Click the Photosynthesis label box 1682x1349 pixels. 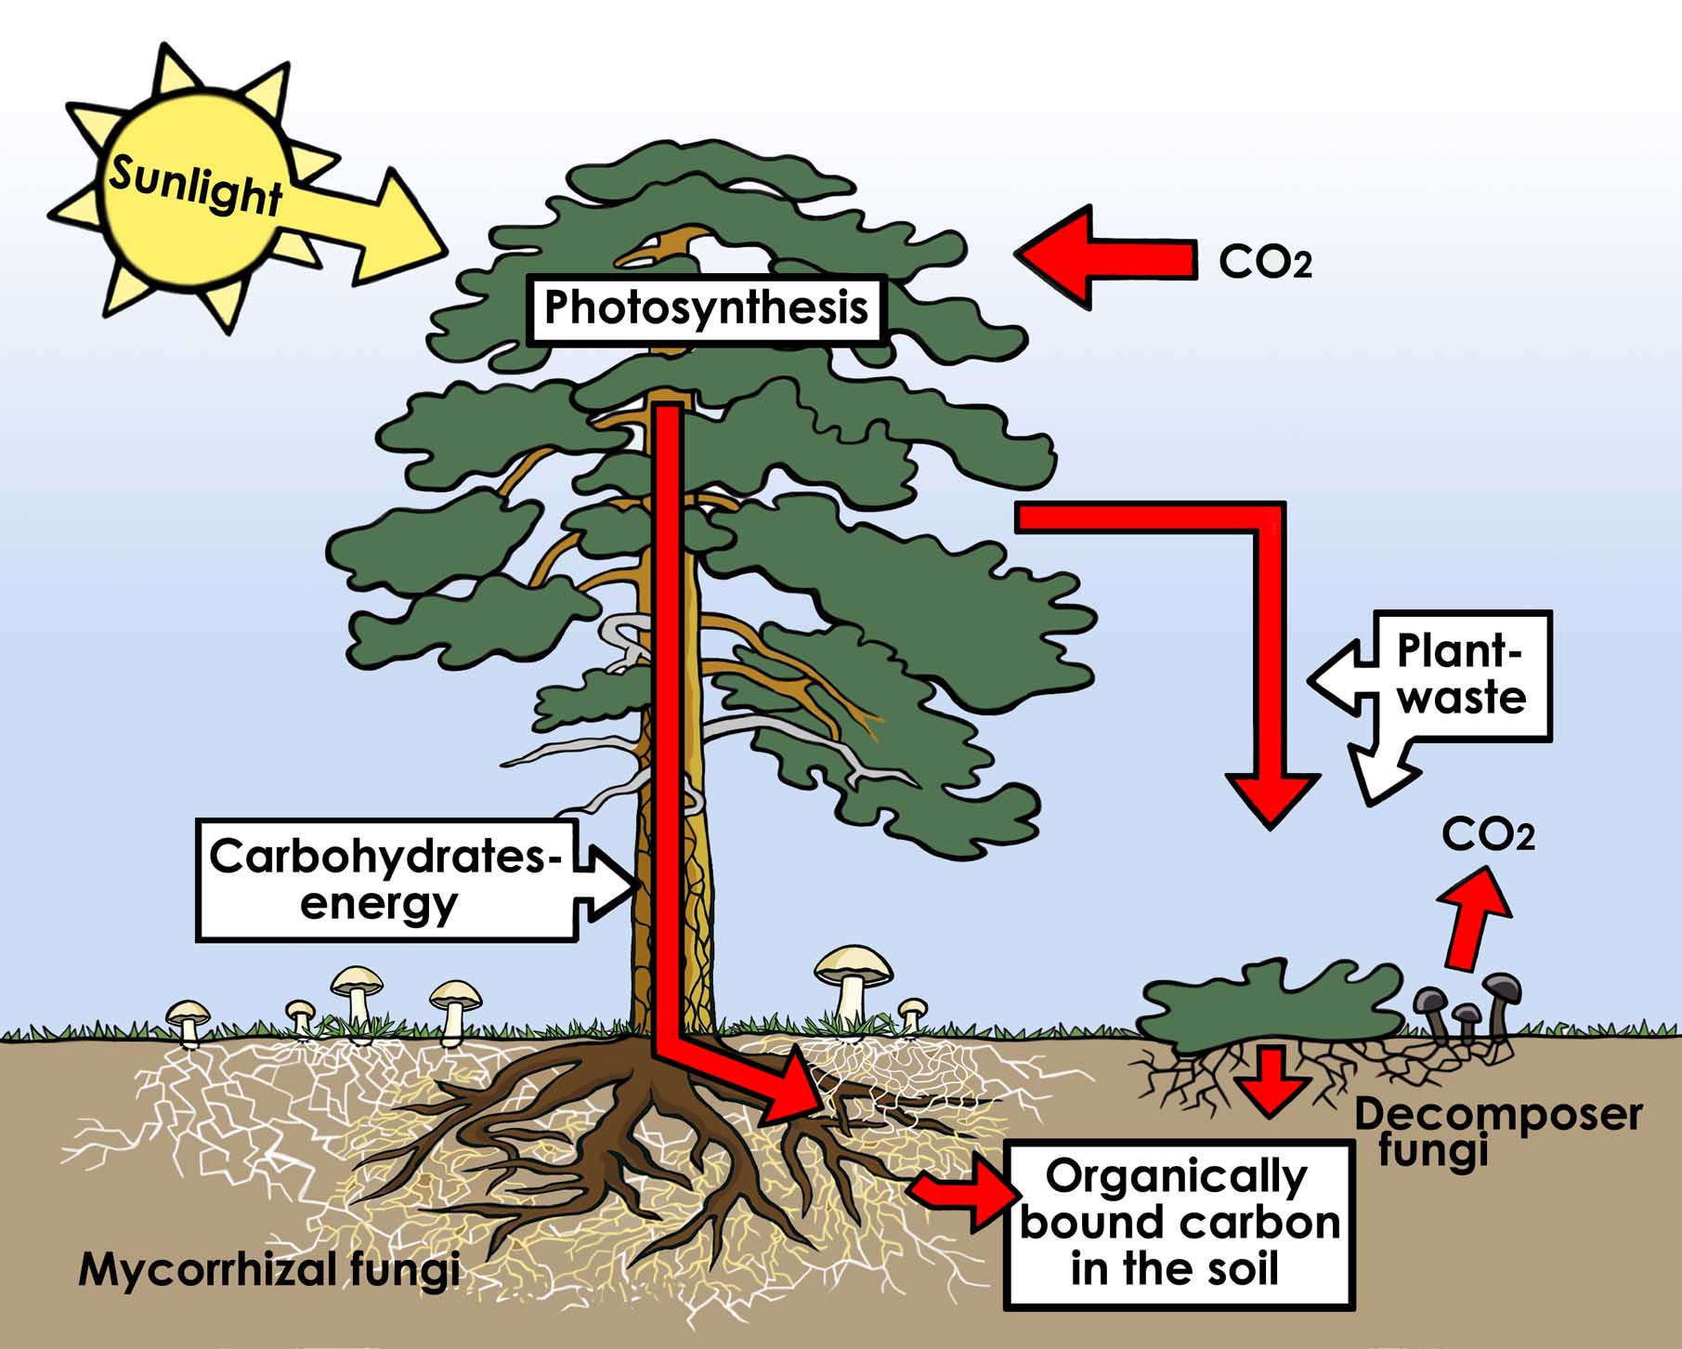706,308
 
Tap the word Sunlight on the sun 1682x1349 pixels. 195,185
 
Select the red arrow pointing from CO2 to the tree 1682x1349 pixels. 1105,256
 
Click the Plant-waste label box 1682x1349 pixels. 1460,675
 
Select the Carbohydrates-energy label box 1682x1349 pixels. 385,879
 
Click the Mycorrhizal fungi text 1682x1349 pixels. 269,1269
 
